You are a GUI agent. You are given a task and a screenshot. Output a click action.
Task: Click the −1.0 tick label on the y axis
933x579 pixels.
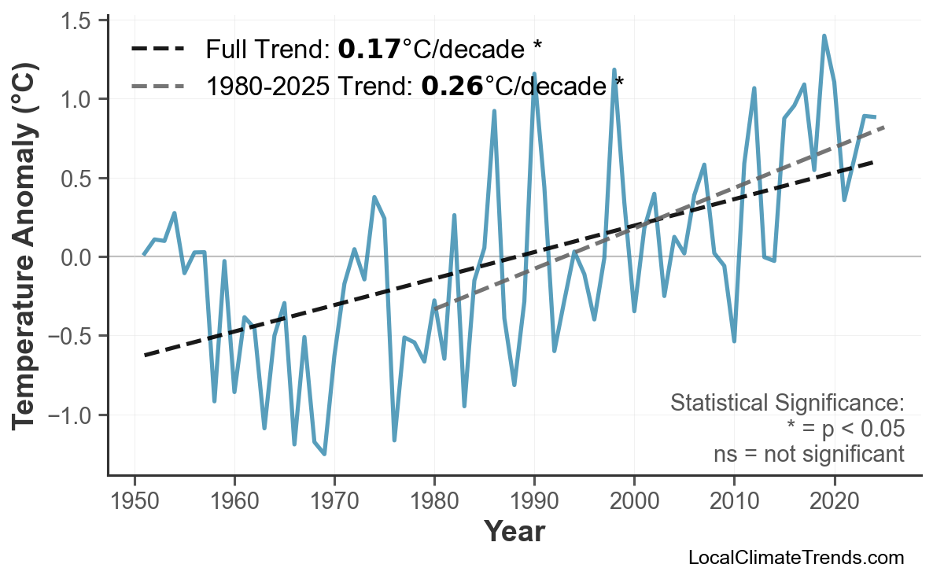72,415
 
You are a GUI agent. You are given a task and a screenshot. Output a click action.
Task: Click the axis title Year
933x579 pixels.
514,531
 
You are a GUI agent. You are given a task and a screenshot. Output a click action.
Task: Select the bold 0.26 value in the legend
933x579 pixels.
452,85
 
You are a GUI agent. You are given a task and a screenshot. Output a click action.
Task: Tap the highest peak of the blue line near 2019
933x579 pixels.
824,35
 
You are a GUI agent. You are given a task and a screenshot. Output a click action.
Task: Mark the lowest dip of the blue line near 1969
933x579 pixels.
324,454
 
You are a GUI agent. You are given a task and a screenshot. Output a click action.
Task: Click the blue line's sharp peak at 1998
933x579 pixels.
614,70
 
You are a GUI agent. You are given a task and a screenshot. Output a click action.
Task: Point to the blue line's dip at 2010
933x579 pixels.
734,341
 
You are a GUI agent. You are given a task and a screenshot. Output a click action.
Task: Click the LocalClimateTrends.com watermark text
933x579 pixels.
796,558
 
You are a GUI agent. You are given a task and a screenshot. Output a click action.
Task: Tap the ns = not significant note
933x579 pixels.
809,454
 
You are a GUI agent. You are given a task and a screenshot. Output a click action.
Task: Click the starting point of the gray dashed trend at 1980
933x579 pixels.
435,308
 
